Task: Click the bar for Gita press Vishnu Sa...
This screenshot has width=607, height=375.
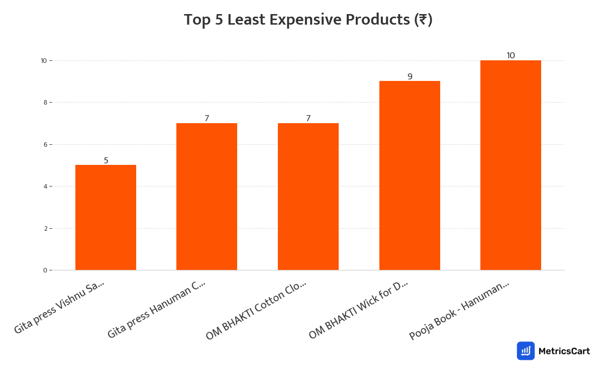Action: pyautogui.click(x=106, y=218)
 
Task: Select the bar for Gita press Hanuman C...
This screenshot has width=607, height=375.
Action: pyautogui.click(x=207, y=197)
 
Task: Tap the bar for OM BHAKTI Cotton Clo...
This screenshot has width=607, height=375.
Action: pyautogui.click(x=308, y=197)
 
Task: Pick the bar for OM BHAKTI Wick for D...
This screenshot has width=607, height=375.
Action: pyautogui.click(x=410, y=175)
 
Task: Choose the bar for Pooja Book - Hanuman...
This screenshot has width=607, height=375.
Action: pyautogui.click(x=511, y=165)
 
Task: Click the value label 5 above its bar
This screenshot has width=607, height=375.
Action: pyautogui.click(x=106, y=160)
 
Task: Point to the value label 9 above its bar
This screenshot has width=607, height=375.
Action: pyautogui.click(x=410, y=76)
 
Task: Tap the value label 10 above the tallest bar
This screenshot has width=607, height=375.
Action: pyautogui.click(x=511, y=55)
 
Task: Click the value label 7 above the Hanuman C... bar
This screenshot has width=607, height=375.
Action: pyautogui.click(x=207, y=118)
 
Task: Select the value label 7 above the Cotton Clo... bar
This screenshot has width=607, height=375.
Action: pyautogui.click(x=308, y=118)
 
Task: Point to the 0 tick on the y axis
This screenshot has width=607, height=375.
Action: pyautogui.click(x=45, y=270)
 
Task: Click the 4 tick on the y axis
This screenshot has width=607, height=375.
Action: pyautogui.click(x=45, y=186)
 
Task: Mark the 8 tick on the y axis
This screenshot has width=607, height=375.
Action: pyautogui.click(x=45, y=103)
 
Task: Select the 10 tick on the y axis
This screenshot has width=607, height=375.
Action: pyautogui.click(x=44, y=60)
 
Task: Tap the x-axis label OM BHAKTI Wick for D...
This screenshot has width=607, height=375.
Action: pyautogui.click(x=358, y=310)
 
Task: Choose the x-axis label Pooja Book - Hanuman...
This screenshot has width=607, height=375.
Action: pyautogui.click(x=459, y=310)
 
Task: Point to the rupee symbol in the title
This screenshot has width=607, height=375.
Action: pyautogui.click(x=423, y=20)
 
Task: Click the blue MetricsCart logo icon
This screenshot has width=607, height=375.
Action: pyautogui.click(x=526, y=351)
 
